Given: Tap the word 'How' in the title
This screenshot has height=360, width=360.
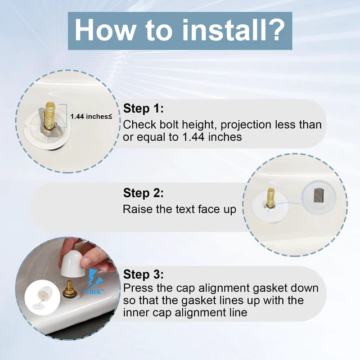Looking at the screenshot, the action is pos(105,30).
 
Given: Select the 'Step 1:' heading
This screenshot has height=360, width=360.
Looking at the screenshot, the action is pos(143,109).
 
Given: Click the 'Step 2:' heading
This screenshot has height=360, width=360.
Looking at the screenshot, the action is pos(143,193).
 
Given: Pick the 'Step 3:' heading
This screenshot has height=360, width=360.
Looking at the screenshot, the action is pos(143,274).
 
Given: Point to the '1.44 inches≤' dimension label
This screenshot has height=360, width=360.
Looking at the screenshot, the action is pos(91,116).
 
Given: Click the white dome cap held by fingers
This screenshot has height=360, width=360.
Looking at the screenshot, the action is pos(73,263).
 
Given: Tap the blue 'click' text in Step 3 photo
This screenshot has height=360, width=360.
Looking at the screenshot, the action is pos(93,291).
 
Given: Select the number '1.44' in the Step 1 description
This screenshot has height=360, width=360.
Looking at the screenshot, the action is pos(193,137).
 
